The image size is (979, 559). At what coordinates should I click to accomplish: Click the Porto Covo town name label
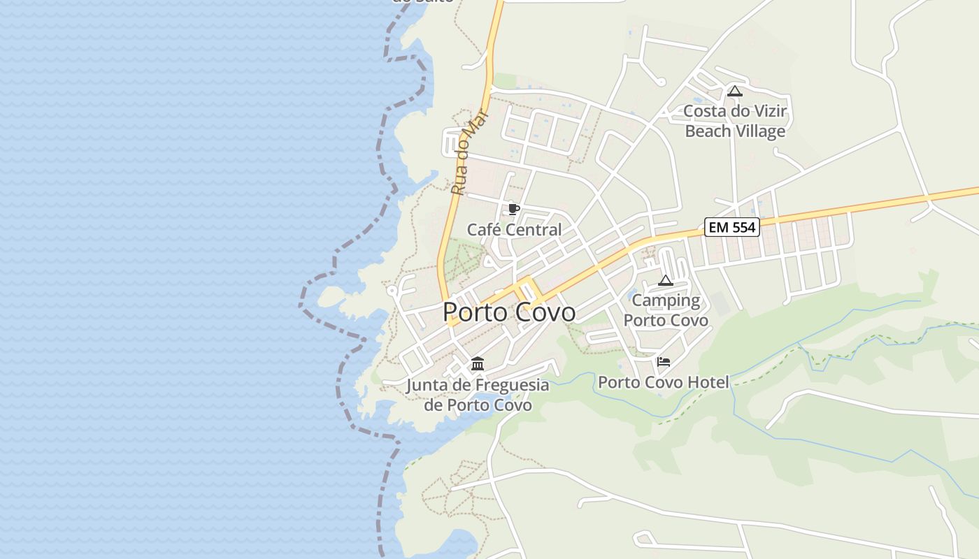pos(509,312)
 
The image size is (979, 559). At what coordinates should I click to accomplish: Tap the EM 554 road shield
pos(731,227)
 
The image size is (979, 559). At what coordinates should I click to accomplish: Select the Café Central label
pos(514,230)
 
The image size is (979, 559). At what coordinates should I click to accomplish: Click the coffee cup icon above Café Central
pos(514,209)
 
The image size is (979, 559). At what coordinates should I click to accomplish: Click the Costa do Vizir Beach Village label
pos(735,122)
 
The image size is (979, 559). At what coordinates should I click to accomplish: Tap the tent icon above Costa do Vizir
pos(734,91)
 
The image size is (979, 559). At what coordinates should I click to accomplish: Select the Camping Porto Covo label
pos(666,310)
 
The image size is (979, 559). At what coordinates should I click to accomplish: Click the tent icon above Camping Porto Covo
pos(666,281)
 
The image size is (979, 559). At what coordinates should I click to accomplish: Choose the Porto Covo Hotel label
pos(663,382)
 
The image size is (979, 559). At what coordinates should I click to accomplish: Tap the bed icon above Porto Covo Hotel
pos(664,361)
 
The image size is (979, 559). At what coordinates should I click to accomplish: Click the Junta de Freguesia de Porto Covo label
pos(478,395)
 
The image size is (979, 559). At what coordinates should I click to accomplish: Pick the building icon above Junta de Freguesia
pos(478,363)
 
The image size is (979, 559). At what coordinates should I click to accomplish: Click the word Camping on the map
pos(666,301)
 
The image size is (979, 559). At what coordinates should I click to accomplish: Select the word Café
pos(483,230)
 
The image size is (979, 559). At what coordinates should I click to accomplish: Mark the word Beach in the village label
pos(708,131)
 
